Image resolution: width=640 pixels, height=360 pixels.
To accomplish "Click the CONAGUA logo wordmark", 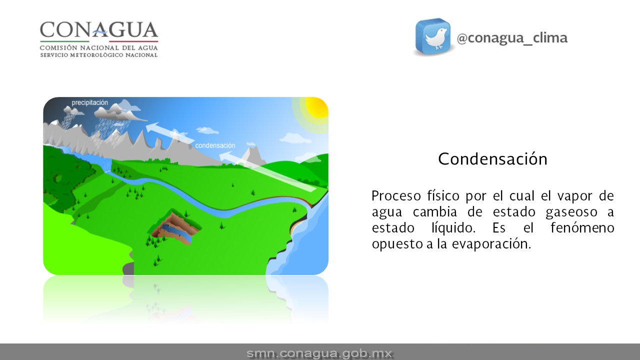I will [99, 31].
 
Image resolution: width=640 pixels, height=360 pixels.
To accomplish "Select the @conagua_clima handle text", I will [512, 38].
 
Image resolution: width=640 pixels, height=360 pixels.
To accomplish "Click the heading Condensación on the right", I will [492, 159].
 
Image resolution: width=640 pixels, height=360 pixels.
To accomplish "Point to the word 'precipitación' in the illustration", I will [89, 102].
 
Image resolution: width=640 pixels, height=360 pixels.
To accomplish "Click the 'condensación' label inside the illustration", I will [215, 145].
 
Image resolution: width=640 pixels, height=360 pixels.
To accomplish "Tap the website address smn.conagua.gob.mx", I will [319, 353].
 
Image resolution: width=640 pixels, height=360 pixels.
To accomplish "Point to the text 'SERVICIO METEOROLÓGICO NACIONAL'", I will [99, 54].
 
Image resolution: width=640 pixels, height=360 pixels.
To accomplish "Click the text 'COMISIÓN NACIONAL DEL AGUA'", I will [99, 47].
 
